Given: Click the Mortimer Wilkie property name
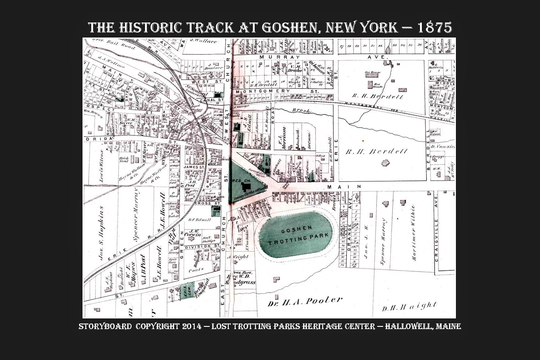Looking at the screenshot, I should point(413,233).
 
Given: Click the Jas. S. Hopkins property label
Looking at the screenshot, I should point(101,233).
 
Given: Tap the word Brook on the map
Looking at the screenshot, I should point(301,110).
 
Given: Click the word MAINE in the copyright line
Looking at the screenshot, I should point(448,326).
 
